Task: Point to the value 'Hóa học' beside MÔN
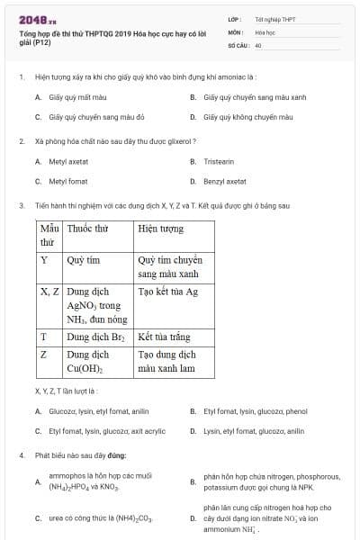(x=265, y=31)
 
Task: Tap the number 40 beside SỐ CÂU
(x=258, y=44)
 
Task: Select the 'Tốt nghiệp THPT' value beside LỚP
(x=274, y=18)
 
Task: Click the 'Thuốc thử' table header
(x=85, y=229)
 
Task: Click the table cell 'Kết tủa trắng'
(x=164, y=337)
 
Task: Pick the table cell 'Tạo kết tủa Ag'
(x=167, y=292)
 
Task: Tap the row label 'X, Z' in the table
(x=49, y=292)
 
